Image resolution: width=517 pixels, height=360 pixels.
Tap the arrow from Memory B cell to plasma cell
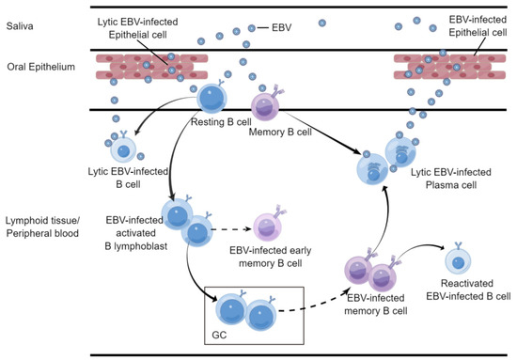coord(324,131)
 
